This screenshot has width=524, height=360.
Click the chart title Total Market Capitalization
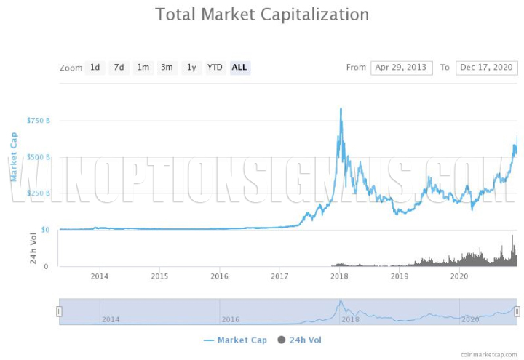coord(262,15)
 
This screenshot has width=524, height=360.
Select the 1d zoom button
coord(95,68)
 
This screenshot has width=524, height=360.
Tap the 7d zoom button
coord(119,68)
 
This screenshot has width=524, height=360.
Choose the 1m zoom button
coord(143,68)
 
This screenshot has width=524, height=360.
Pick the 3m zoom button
coord(167,68)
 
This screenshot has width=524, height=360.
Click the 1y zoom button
coord(191,68)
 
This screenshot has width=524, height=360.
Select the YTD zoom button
coord(215,68)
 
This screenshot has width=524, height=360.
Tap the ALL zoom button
coord(239,68)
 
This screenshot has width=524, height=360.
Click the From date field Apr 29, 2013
coord(402,68)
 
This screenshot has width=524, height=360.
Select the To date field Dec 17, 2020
coord(487,68)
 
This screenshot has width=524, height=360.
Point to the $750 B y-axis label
coord(38,120)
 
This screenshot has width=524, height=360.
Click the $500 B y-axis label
coord(38,156)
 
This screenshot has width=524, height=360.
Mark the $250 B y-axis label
coord(38,193)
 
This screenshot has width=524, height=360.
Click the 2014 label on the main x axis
coord(100,276)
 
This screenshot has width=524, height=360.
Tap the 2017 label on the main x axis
coord(279,276)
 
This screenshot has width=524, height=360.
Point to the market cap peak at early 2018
coord(341,110)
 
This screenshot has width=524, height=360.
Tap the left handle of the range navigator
coord(60,311)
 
